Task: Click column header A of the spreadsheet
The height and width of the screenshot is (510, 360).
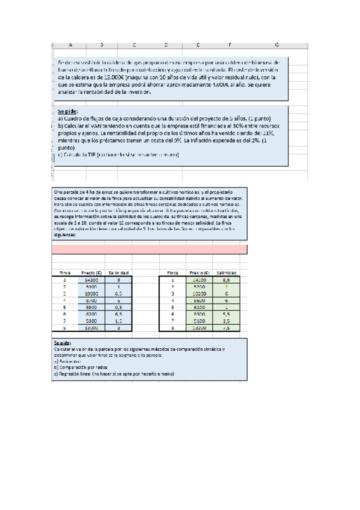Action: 70,45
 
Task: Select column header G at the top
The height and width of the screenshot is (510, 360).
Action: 276,45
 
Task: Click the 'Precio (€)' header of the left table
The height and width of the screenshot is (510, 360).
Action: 91,272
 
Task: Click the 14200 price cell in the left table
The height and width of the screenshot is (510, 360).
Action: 91,280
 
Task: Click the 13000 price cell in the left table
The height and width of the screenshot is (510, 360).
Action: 91,328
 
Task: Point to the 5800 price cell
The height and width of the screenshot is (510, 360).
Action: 91,307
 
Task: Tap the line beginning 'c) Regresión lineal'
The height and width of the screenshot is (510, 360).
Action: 114,373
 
